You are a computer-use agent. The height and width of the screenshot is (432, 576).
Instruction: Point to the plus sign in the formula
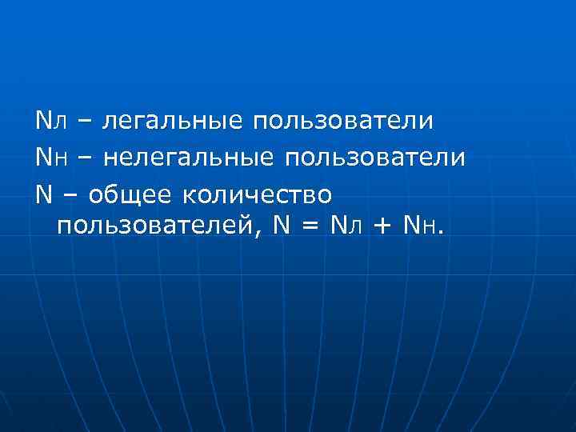tap(382, 227)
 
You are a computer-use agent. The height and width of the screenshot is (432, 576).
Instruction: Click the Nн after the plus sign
tap(420, 227)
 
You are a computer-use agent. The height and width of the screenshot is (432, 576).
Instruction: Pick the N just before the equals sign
tap(282, 227)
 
